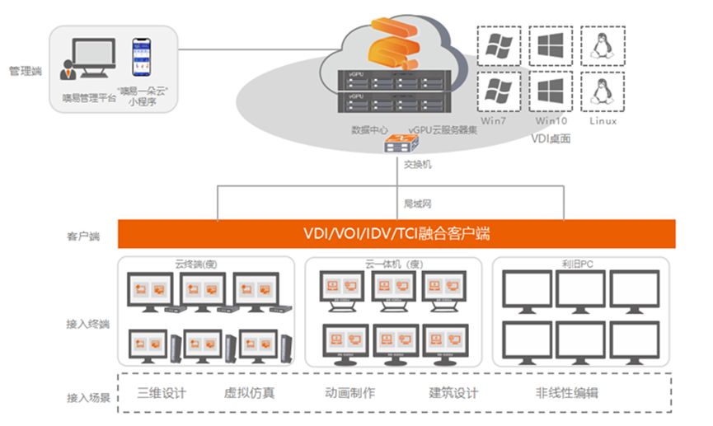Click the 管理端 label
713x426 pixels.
(25, 71)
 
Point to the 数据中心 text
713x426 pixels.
(368, 130)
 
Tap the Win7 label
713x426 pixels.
(495, 120)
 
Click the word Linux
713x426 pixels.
(603, 120)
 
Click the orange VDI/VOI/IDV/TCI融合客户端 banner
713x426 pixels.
(396, 234)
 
